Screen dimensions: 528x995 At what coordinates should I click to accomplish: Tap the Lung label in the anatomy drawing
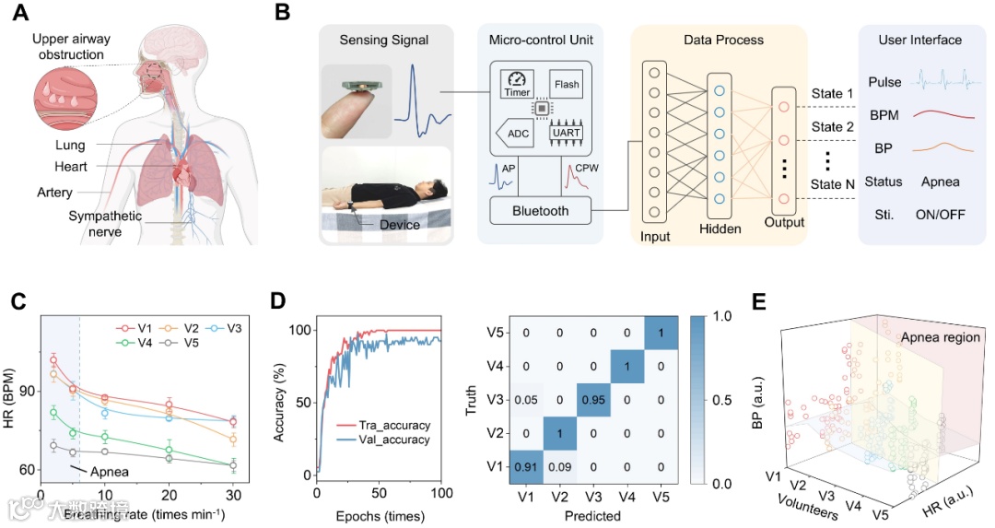point(69,146)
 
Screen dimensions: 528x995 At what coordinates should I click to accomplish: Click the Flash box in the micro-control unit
point(567,84)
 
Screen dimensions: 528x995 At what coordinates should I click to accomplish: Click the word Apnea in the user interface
point(940,182)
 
